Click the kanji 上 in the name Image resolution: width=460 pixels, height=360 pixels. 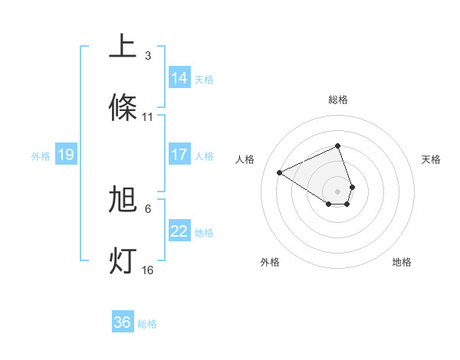[123, 47]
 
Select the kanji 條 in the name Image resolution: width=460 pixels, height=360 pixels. [123, 107]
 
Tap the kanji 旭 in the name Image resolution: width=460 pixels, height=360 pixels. [123, 200]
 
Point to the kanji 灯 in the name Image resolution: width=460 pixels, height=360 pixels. [123, 260]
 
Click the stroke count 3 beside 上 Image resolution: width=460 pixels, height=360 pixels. [148, 56]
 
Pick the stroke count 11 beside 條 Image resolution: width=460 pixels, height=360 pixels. [148, 117]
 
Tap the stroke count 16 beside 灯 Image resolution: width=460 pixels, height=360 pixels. [148, 270]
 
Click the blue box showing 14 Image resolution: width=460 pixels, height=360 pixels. [179, 78]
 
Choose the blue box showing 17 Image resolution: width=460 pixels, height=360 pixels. [179, 155]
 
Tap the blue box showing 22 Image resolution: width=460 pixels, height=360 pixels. [179, 231]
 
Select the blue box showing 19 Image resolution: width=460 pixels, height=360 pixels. [66, 155]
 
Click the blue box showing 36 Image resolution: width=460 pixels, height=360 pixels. [123, 322]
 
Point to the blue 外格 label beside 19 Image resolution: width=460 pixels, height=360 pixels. [41, 156]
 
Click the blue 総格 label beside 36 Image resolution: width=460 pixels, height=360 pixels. [147, 324]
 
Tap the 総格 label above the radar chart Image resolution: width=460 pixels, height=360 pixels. [338, 100]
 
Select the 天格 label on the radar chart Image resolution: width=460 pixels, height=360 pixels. [431, 159]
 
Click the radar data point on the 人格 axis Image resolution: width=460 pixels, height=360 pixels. [280, 172]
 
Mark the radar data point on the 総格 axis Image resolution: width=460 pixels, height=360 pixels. [338, 146]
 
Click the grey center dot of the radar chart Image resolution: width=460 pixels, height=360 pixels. [338, 191]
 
